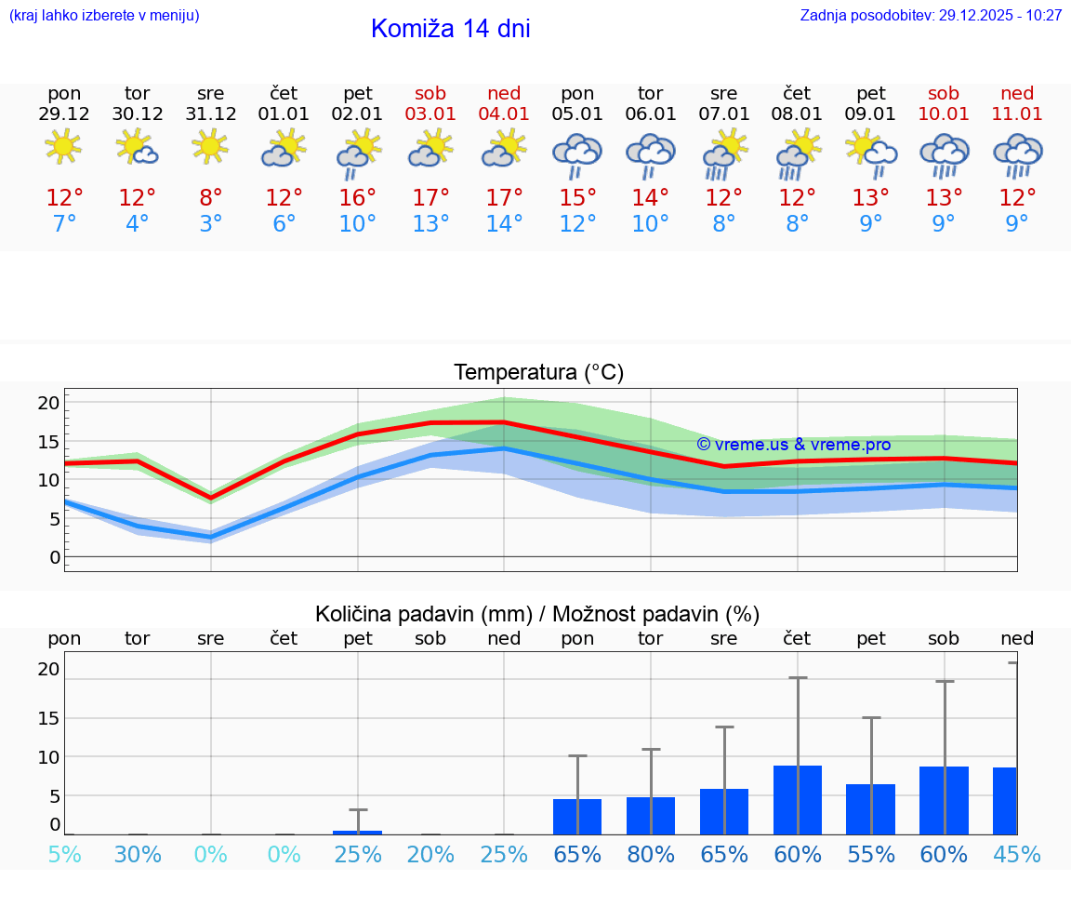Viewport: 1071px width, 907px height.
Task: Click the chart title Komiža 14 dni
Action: point(450,29)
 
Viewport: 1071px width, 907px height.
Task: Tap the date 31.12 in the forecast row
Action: point(211,114)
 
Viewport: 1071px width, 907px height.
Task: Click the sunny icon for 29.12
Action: point(64,147)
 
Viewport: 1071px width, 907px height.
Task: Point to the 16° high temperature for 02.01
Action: point(358,198)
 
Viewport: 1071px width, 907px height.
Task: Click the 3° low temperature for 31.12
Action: point(211,224)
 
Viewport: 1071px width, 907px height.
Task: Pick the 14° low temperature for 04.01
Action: point(504,224)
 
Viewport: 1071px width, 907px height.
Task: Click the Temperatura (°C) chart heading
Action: point(538,373)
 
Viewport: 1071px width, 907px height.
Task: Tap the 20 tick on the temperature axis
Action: point(48,403)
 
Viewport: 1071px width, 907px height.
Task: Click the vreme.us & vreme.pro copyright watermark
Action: point(793,445)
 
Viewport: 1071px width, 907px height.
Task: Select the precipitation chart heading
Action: point(537,614)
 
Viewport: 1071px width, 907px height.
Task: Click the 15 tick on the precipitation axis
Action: point(48,718)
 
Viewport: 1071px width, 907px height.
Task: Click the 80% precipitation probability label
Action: point(651,854)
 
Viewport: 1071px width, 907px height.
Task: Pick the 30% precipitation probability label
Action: point(138,854)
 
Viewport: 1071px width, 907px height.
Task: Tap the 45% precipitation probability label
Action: point(1017,854)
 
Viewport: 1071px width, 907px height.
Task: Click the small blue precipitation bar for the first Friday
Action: point(358,832)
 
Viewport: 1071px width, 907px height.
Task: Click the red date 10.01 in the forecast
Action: point(944,114)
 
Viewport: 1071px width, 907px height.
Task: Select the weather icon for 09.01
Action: point(871,153)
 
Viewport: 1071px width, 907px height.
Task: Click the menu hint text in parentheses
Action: point(104,16)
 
